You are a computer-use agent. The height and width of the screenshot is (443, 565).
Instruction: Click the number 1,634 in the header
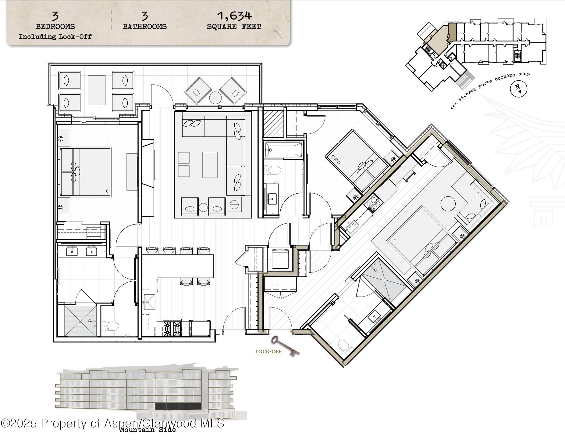click(x=234, y=16)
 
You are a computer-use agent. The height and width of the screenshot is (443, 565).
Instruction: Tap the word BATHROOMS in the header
click(x=144, y=27)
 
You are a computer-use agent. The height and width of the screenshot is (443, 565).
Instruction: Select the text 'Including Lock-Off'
click(x=55, y=37)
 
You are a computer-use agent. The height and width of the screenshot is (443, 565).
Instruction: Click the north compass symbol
click(x=518, y=89)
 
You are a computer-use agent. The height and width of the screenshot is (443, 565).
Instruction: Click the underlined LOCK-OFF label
click(x=268, y=351)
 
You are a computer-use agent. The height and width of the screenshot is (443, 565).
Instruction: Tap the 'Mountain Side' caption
click(x=148, y=430)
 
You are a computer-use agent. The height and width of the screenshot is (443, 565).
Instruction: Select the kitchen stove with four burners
click(x=172, y=328)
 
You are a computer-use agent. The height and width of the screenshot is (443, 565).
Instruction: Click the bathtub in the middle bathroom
click(x=283, y=150)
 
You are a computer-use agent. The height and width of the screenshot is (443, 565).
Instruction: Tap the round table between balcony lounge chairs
click(x=215, y=98)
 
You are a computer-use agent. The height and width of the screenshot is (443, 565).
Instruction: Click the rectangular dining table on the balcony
click(x=97, y=90)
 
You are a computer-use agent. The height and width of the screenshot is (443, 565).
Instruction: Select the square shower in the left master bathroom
click(x=80, y=321)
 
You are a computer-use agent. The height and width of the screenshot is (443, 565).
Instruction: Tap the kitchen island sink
click(x=149, y=302)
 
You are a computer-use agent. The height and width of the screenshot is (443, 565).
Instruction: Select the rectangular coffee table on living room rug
click(x=210, y=165)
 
